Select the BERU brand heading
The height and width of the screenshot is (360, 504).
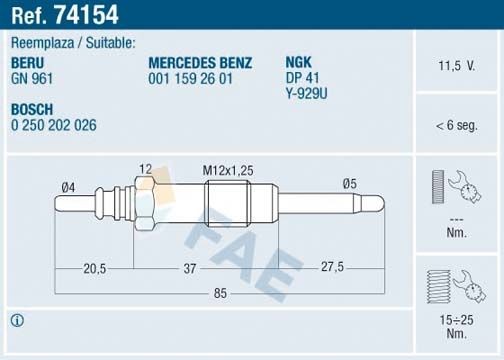pyautogui.click(x=28, y=62)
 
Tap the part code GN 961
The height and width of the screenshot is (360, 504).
pyautogui.click(x=31, y=76)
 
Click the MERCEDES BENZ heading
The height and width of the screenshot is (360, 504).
pyautogui.click(x=201, y=62)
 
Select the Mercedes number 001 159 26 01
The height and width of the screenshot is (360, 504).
pyautogui.click(x=190, y=76)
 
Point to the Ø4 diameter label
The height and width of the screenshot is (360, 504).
pyautogui.click(x=68, y=185)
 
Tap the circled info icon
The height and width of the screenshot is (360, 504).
pyautogui.click(x=16, y=321)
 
